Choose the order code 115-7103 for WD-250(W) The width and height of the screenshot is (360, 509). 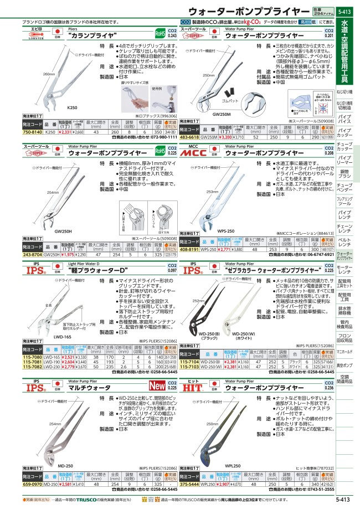tap(189, 367)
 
